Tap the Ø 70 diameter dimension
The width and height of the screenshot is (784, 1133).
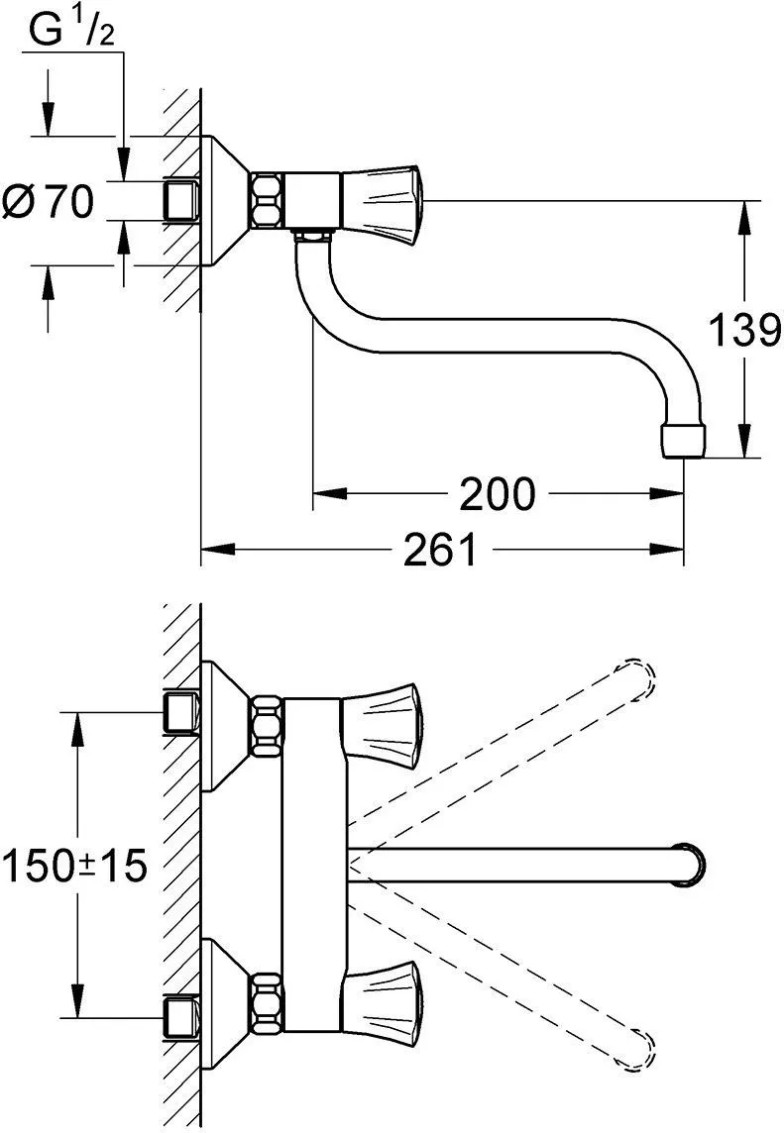pyautogui.click(x=49, y=201)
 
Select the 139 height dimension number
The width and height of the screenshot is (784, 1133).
pyautogui.click(x=744, y=330)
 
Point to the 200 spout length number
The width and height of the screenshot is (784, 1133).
pyautogui.click(x=497, y=493)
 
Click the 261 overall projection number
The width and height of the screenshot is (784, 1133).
pyautogui.click(x=440, y=549)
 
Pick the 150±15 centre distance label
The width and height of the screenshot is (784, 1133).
pyautogui.click(x=75, y=866)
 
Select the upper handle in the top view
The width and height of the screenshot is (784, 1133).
pyautogui.click(x=382, y=725)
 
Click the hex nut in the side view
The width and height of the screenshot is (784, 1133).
pyautogui.click(x=268, y=199)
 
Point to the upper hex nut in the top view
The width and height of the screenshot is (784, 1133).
pyautogui.click(x=267, y=724)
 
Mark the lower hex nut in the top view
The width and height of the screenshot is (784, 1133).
pyautogui.click(x=267, y=1004)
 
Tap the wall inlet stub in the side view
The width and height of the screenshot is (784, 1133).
pyautogui.click(x=182, y=200)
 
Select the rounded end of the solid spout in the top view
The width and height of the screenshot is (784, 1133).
pyautogui.click(x=691, y=865)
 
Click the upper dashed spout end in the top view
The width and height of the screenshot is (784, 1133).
pyautogui.click(x=636, y=680)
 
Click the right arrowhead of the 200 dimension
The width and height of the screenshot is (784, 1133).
pyautogui.click(x=666, y=493)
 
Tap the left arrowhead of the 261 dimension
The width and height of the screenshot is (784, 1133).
pyautogui.click(x=218, y=549)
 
